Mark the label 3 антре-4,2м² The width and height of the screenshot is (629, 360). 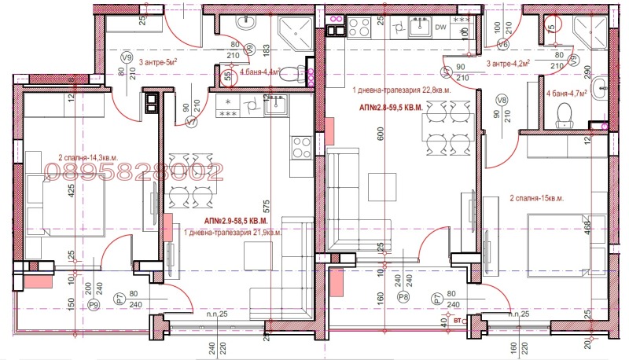point(507,64)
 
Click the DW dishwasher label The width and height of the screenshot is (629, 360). point(440,28)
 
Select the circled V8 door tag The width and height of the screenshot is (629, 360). point(503,100)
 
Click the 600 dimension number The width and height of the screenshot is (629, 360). point(381,134)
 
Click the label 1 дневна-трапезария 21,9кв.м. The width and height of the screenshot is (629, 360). point(233,233)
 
